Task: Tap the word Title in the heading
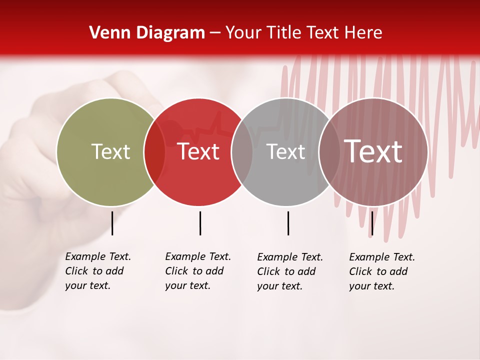click(x=283, y=33)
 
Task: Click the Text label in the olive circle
click(x=110, y=152)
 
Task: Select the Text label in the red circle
click(x=198, y=152)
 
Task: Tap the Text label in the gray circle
click(x=285, y=152)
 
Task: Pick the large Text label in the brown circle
click(x=373, y=151)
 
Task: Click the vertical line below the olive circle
click(x=112, y=223)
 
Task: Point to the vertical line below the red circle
click(x=200, y=223)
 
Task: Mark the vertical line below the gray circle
click(x=288, y=223)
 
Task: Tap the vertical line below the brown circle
click(x=372, y=223)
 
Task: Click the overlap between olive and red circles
click(x=154, y=152)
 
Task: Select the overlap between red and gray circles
click(x=242, y=152)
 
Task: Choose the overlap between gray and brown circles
click(x=329, y=152)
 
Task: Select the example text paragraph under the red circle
click(x=198, y=271)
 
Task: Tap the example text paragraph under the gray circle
click(x=290, y=271)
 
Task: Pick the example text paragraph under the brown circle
click(x=382, y=271)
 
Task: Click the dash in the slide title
click(x=215, y=33)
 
